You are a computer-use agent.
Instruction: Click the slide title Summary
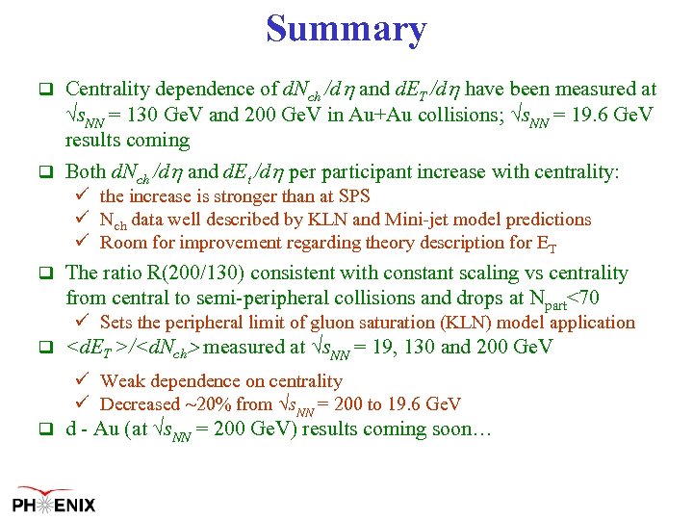coord(346,29)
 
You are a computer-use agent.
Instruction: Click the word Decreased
coord(141,404)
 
